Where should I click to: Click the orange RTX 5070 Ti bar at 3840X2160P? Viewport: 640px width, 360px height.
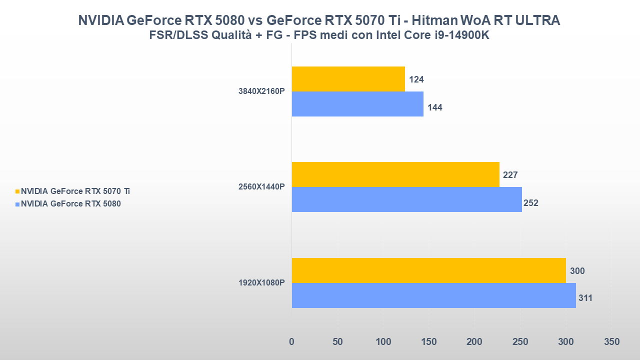tap(348, 79)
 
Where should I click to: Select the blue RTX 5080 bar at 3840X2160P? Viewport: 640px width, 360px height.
tap(357, 104)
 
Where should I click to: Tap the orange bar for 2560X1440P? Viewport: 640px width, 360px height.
tap(395, 174)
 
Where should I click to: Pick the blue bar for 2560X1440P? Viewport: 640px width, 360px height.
tap(406, 199)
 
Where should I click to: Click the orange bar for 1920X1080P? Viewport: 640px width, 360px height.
tap(428, 270)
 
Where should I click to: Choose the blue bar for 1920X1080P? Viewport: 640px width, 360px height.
tap(433, 295)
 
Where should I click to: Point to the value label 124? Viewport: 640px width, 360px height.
tap(416, 79)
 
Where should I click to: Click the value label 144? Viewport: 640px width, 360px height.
tap(435, 107)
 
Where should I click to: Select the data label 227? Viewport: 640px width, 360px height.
tap(510, 175)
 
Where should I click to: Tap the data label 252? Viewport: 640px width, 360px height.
tap(530, 203)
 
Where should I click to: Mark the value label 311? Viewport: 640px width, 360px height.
tap(585, 298)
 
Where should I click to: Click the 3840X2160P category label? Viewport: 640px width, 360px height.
tap(261, 91)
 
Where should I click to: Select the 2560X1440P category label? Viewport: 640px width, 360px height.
tap(261, 187)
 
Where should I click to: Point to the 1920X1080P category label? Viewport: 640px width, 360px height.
tap(261, 283)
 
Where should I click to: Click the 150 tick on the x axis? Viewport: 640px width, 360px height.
tap(429, 342)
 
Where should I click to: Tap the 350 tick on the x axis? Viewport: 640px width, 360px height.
tap(611, 342)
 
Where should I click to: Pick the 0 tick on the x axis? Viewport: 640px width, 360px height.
tap(292, 342)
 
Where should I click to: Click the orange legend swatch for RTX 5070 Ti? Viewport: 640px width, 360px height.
tap(17, 191)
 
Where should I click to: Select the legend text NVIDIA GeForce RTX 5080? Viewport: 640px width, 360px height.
tap(70, 203)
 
